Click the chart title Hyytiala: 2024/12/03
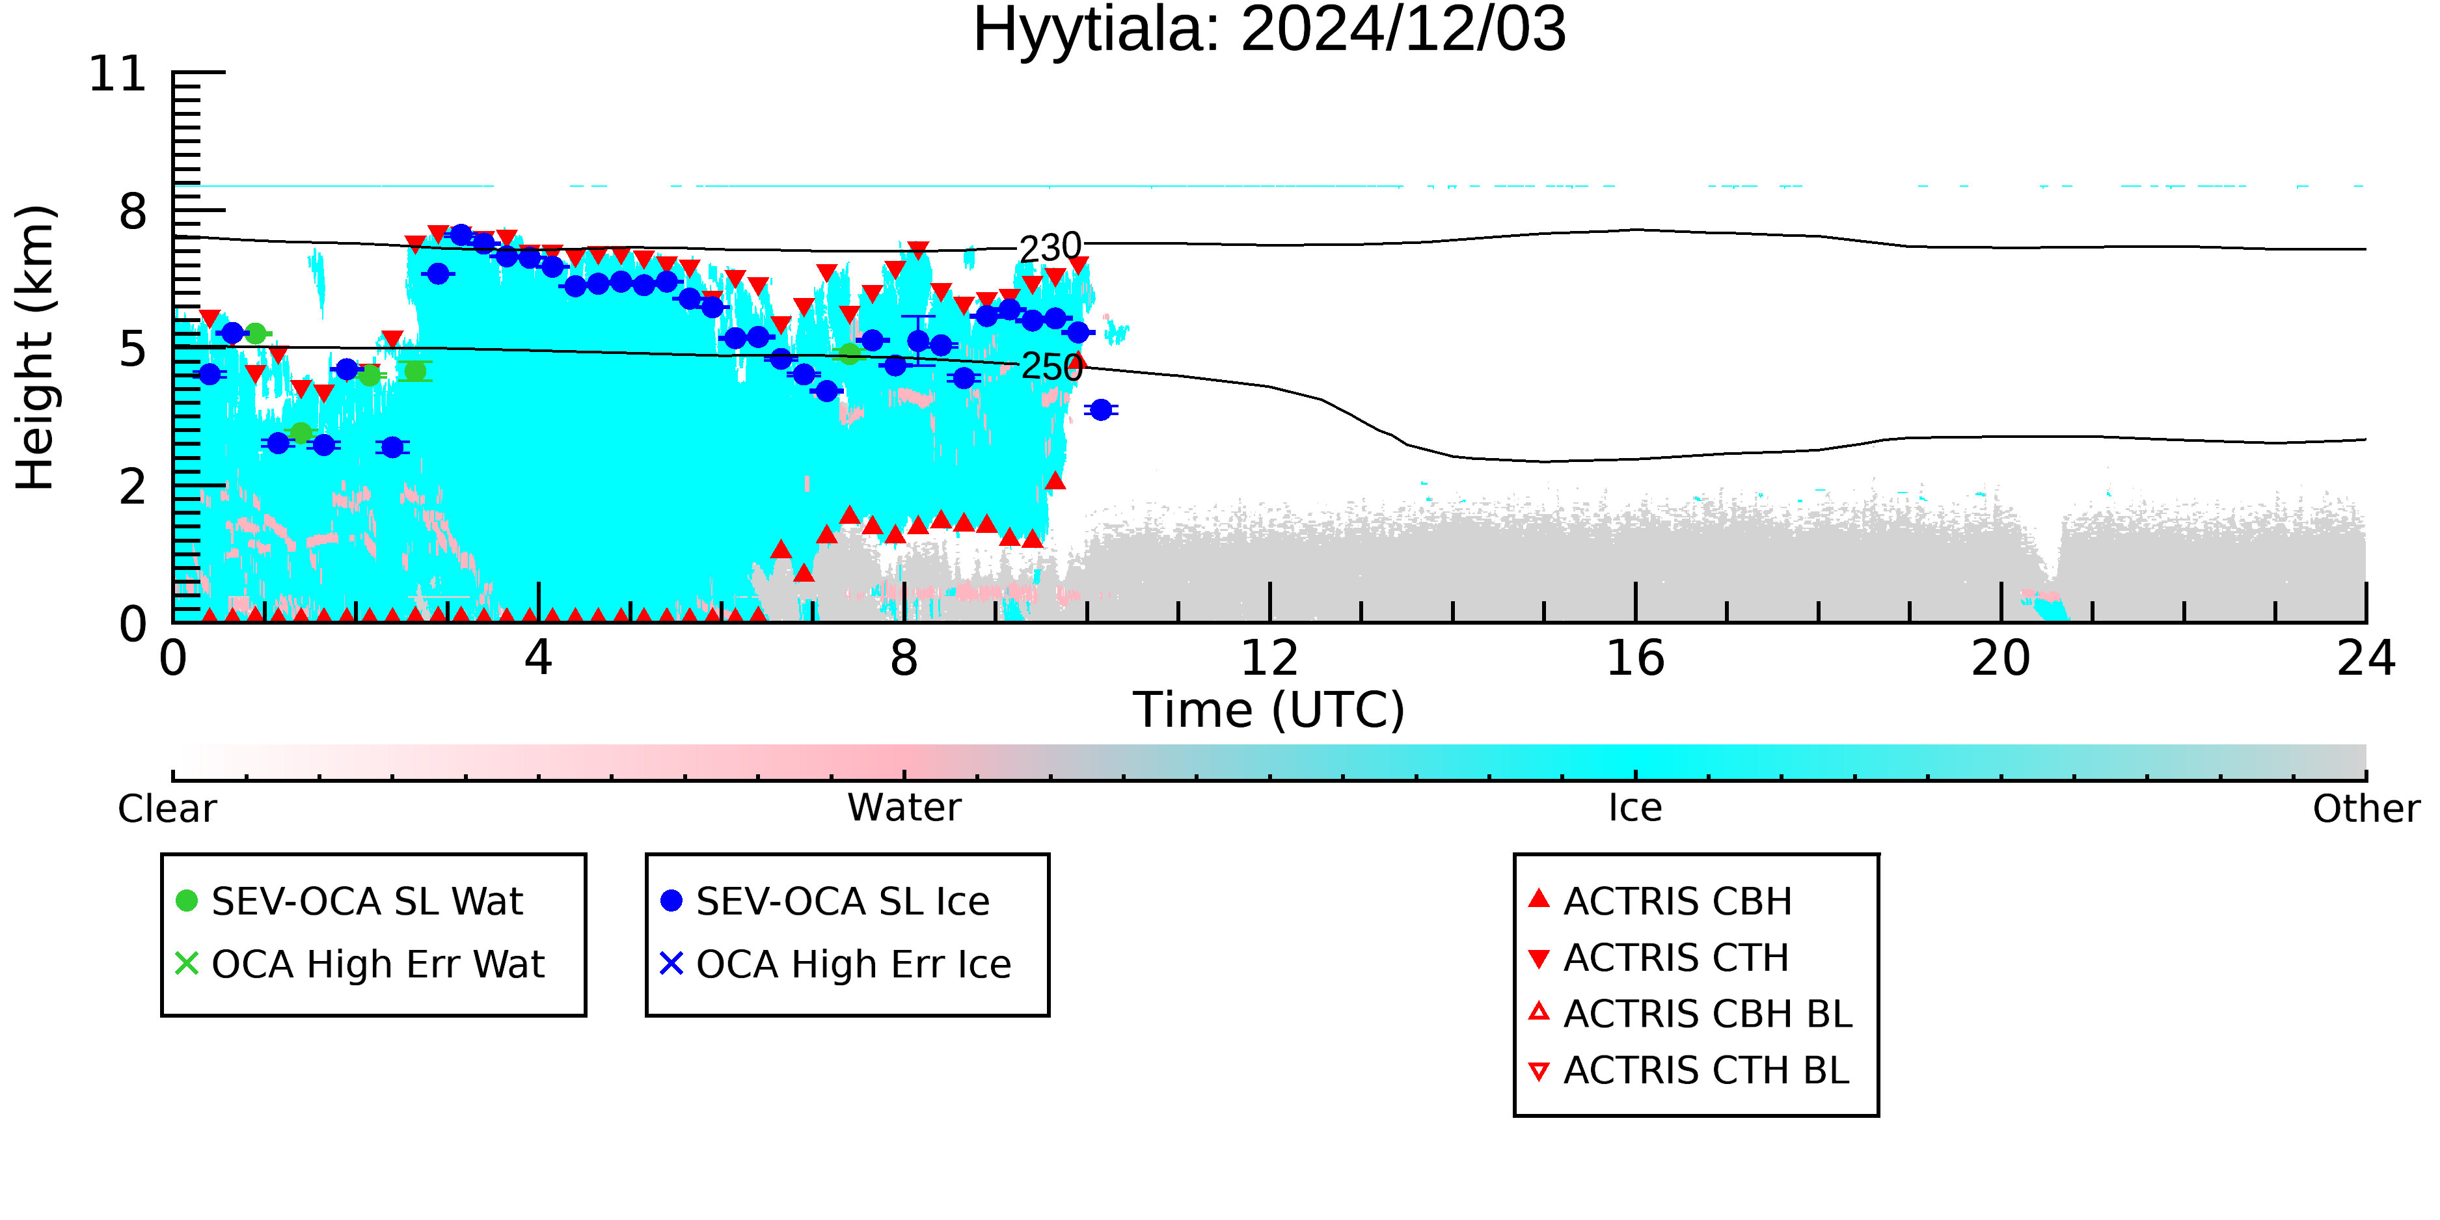(1269, 31)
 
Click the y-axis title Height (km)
(36, 347)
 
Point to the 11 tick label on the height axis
(118, 74)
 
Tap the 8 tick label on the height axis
(133, 211)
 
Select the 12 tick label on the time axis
(1269, 658)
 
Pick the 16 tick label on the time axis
(1635, 658)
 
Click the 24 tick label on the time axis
(2366, 658)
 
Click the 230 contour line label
(1050, 248)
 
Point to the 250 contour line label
(1051, 366)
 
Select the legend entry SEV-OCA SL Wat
(351, 901)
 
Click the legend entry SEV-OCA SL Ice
(826, 901)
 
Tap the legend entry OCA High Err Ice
(836, 964)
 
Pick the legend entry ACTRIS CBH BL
(1691, 1014)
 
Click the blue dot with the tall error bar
(918, 341)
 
